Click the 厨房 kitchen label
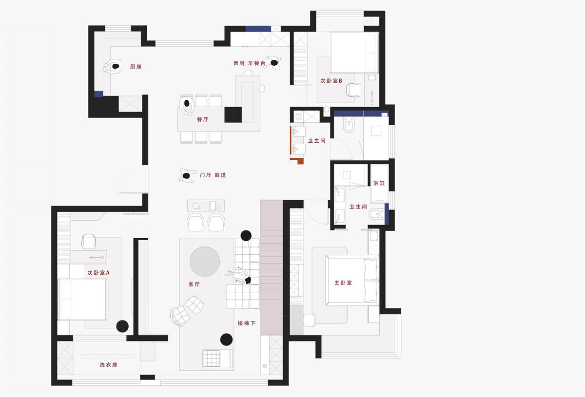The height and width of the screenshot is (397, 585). [x=136, y=67]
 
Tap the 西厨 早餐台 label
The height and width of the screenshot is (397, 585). [x=249, y=63]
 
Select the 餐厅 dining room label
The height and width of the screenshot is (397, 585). [x=202, y=119]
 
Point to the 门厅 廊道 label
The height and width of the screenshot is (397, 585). [x=213, y=175]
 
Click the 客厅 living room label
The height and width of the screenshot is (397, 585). [x=194, y=284]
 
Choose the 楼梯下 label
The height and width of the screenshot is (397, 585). [x=247, y=323]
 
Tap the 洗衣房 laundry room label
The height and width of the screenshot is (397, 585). [x=108, y=365]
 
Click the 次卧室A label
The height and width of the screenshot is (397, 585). [x=98, y=273]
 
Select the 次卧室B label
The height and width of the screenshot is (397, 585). [x=331, y=81]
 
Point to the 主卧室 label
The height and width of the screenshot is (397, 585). [x=343, y=283]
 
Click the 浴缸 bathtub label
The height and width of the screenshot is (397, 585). [x=379, y=183]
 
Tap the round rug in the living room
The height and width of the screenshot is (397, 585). [x=205, y=261]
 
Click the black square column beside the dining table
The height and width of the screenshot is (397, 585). [x=233, y=114]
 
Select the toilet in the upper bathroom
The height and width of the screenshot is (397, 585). [x=349, y=125]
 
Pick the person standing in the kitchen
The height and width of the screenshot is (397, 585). [x=113, y=66]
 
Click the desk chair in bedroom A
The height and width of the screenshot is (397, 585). [x=89, y=241]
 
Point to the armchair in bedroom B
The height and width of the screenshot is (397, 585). [x=353, y=90]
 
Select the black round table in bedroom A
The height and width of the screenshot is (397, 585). [x=122, y=326]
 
